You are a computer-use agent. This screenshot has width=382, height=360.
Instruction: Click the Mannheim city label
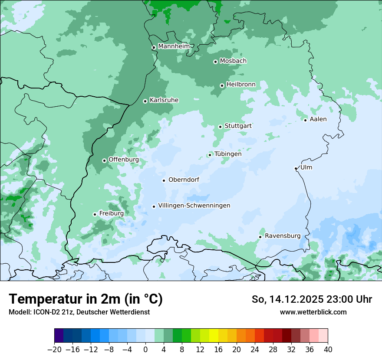174,46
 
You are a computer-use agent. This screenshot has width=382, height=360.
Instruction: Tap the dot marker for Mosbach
215,62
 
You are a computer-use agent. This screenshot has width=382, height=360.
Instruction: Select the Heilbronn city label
240,84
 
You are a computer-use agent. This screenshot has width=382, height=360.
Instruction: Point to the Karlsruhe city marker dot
145,101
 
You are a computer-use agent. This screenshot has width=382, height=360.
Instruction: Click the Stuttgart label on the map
238,126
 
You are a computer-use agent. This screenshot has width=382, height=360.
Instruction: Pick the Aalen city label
318,119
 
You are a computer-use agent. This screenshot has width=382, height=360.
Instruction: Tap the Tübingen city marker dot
210,155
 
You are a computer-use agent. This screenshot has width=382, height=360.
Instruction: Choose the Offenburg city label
123,160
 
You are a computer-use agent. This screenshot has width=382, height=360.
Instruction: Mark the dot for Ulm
296,168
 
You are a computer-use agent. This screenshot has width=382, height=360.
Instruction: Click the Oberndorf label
184,180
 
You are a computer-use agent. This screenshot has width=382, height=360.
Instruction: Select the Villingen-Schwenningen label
194,206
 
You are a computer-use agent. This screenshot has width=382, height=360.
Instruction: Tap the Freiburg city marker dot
95,214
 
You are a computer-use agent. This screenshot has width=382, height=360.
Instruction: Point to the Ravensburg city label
283,236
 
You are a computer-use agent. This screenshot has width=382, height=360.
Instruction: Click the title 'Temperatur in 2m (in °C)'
86,299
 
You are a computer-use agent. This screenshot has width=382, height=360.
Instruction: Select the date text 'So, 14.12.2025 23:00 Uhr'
312,299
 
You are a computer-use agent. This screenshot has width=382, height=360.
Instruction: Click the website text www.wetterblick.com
313,312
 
